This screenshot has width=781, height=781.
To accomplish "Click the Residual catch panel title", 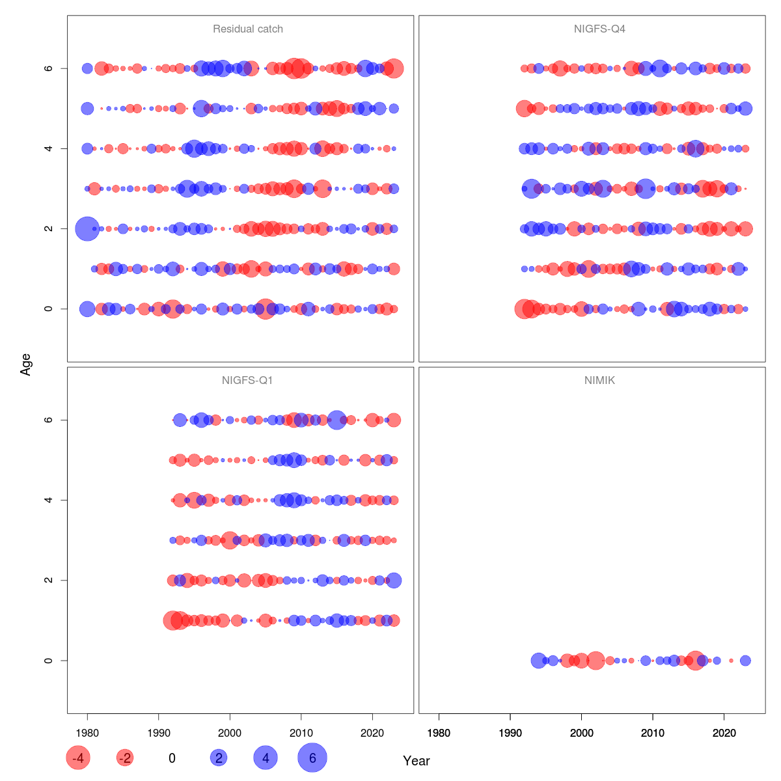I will tap(247, 29).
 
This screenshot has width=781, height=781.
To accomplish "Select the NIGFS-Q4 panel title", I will tap(599, 29).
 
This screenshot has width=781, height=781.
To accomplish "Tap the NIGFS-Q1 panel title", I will tap(247, 381).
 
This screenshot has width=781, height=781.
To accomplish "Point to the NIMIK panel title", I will tap(599, 381).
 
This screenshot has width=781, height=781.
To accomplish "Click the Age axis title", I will tap(26, 364).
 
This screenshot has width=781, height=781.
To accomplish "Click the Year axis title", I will tap(417, 761).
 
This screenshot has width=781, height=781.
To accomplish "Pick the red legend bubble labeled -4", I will tap(78, 758).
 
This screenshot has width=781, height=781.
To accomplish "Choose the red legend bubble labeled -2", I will tap(124, 758).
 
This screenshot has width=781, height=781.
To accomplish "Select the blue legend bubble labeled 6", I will tap(312, 758).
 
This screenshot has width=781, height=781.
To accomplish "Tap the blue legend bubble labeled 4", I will tap(266, 758).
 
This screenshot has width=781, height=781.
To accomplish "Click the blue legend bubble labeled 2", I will tap(219, 758).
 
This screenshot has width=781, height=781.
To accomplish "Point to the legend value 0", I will tap(172, 758).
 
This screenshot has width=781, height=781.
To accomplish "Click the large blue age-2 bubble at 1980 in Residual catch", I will tap(87, 228).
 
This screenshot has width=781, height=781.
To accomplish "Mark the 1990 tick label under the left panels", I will tap(158, 733).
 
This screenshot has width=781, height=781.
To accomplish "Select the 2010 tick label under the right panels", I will tap(653, 733).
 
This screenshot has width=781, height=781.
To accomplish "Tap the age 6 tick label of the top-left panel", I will tap(48, 68).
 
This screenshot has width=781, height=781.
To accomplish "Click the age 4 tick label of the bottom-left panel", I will tap(48, 500).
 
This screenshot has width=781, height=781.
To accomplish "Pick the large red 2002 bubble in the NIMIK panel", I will tap(596, 661).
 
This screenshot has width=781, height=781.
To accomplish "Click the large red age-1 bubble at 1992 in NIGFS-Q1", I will tap(172, 620).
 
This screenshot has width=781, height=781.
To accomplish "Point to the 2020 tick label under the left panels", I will tap(372, 733).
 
